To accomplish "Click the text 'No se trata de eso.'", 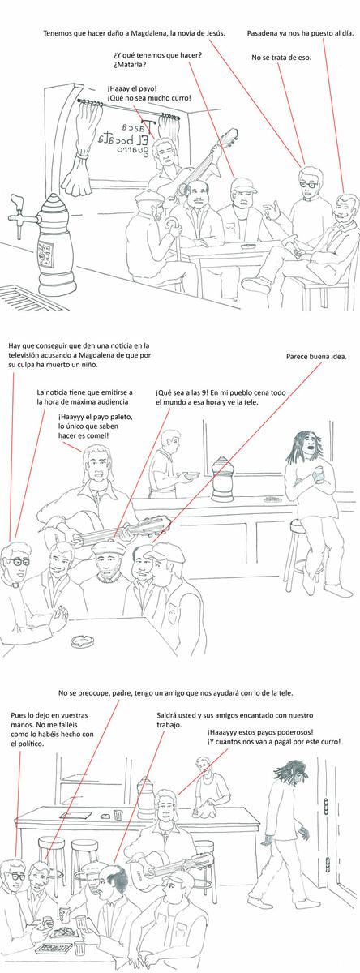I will (276, 58).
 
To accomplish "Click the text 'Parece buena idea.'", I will (315, 356).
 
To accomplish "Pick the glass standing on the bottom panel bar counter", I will (118, 815).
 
